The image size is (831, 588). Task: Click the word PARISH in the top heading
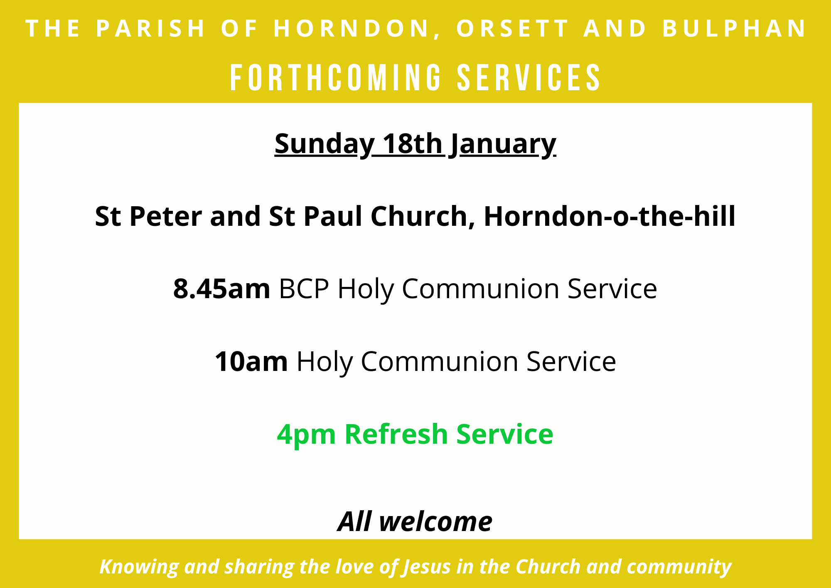151,28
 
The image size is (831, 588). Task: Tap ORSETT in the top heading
513,28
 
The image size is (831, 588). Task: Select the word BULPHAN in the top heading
734,28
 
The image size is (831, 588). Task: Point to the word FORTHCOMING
336,77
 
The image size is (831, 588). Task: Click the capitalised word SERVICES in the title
529,77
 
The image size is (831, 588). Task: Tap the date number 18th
412,143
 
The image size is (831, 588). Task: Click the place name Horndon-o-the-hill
610,216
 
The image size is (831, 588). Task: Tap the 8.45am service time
222,289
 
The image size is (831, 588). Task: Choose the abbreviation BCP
304,289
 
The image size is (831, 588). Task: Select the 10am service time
251,361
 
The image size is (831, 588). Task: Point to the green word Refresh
396,434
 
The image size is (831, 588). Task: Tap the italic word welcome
435,521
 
